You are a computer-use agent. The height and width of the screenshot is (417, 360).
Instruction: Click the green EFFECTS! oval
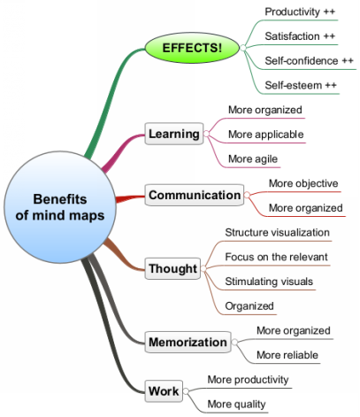192,48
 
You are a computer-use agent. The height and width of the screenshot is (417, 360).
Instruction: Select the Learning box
174,134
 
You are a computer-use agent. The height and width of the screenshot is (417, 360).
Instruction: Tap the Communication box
195,195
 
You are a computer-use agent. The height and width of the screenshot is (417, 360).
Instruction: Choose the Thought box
172,268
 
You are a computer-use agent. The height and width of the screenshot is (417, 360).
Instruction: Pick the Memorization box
188,342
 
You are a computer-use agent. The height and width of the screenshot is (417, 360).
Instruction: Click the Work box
164,391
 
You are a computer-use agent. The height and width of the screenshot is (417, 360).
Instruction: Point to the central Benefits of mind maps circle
60,207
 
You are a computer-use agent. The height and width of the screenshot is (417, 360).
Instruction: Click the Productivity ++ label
300,12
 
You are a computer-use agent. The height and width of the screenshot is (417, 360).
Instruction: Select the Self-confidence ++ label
309,61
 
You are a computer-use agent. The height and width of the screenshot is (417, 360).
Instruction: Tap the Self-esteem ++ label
301,85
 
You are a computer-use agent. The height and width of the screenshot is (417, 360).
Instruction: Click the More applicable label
265,135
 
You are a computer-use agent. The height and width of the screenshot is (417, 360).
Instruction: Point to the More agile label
253,158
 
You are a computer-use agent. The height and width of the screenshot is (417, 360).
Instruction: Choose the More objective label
303,183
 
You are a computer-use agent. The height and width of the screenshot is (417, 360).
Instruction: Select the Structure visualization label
277,232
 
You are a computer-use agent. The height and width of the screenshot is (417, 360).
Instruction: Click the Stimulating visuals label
269,282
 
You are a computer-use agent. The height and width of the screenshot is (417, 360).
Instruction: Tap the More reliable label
287,355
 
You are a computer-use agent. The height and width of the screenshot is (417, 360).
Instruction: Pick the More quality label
236,404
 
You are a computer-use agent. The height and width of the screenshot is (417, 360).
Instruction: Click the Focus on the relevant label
276,257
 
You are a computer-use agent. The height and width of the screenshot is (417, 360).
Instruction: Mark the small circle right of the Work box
186,391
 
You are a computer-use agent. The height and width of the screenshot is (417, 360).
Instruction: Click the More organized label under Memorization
294,330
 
